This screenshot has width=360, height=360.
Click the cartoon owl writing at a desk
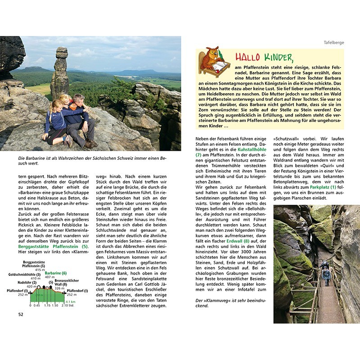(214, 61)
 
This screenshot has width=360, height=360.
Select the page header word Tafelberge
(333, 43)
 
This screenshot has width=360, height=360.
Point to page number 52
(21, 314)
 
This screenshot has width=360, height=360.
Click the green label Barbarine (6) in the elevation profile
(56, 273)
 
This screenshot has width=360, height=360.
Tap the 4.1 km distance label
(69, 302)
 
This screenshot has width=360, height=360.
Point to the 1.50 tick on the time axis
(55, 306)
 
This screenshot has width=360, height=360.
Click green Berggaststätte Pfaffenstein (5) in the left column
(53, 247)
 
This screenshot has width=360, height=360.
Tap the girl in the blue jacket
(56, 121)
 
